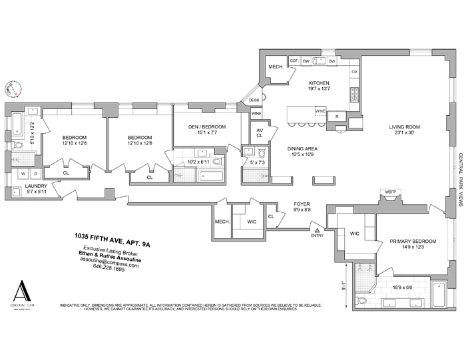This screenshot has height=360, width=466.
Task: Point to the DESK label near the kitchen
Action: pyautogui.click(x=254, y=100)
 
